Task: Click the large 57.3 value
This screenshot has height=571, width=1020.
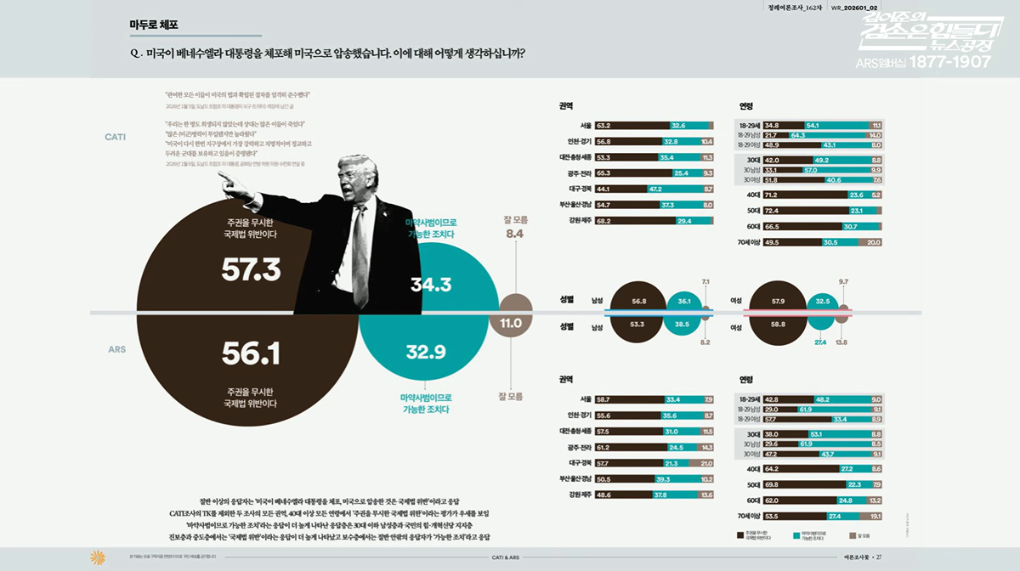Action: point(251,269)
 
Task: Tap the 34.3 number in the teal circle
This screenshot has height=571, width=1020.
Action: point(430,284)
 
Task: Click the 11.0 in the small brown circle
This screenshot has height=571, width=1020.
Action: point(511,323)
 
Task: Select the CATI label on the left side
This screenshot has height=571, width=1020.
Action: point(116,137)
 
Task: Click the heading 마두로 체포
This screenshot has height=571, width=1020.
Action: point(154,25)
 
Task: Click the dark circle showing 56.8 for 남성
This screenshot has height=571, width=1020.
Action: point(639,301)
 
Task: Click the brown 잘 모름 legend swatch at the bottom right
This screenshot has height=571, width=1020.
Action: point(852,536)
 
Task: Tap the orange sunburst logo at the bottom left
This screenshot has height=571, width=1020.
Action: point(97,557)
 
